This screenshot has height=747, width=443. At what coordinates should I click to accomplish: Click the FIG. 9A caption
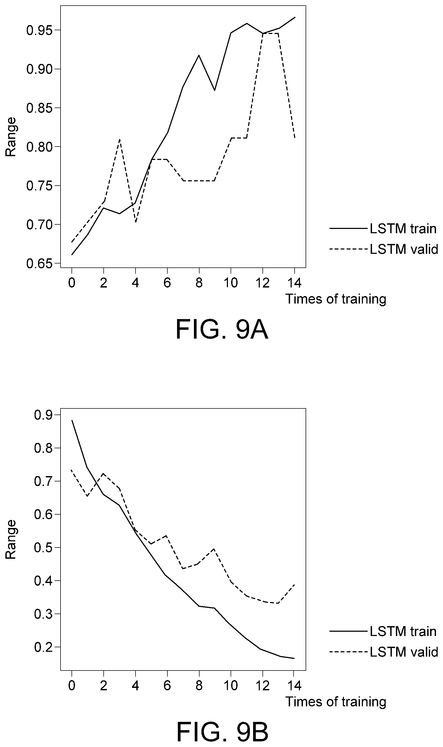[x=222, y=330]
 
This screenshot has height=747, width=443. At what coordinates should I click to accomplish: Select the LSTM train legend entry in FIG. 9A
[x=383, y=229]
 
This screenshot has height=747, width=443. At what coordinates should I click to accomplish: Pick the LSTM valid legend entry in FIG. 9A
[x=384, y=249]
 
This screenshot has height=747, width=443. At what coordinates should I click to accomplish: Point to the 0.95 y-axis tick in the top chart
[x=39, y=30]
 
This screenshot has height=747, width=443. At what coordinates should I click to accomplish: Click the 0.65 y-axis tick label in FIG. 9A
[x=39, y=263]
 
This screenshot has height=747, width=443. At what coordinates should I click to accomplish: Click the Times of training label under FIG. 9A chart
[x=336, y=299]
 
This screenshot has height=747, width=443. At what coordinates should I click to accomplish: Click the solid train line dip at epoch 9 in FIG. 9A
[x=215, y=90]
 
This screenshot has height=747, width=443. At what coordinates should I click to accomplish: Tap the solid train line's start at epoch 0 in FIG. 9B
[x=72, y=420]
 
